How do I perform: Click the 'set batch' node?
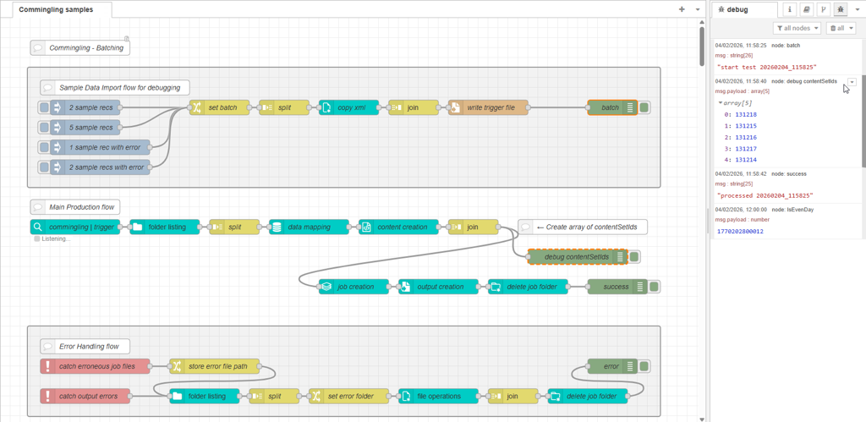(222, 107)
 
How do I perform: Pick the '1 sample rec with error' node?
(104, 147)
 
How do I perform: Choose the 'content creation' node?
(400, 227)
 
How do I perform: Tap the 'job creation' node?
(354, 287)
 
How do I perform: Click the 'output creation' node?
(438, 287)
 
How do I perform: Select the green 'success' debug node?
(616, 287)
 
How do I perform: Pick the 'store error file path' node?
(216, 366)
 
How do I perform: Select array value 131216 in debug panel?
(746, 137)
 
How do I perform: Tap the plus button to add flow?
(682, 9)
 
